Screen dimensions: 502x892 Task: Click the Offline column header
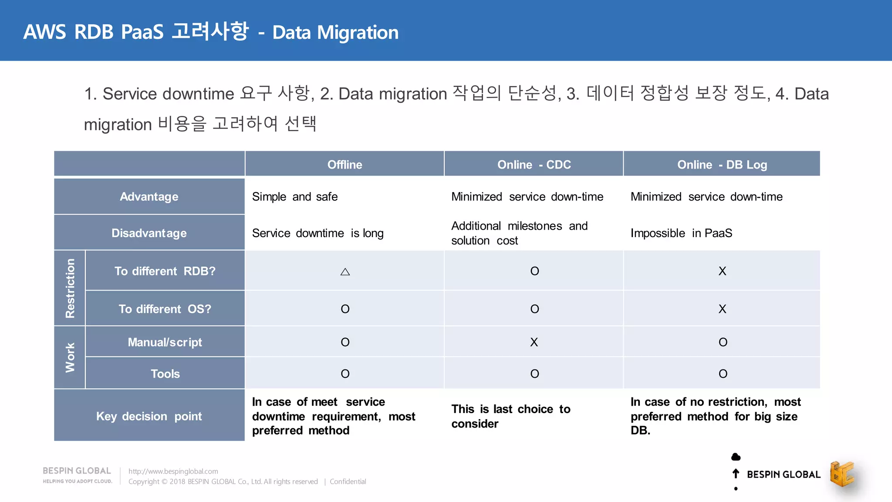pos(345,165)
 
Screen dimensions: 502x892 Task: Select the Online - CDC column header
pos(534,165)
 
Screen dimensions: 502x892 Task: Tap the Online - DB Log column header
pos(722,165)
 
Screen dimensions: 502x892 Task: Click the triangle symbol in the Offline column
pos(345,272)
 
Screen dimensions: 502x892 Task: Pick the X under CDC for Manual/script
pos(534,342)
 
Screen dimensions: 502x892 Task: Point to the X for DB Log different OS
pos(722,309)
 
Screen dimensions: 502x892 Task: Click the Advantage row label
pos(149,197)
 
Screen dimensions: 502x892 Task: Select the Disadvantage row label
pos(149,233)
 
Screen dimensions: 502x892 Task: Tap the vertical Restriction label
pos(70,288)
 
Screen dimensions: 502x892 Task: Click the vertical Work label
pos(70,357)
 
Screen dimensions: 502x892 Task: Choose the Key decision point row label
pos(149,416)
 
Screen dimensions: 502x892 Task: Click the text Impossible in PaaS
pos(681,233)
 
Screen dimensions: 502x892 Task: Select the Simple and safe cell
pos(295,197)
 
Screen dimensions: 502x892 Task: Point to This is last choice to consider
pos(510,416)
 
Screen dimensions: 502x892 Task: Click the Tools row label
pos(165,373)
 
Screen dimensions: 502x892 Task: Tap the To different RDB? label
pos(165,271)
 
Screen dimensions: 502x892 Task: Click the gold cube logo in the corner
pos(842,474)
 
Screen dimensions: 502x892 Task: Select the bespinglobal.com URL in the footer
pos(173,471)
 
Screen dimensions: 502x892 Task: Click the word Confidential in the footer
pos(348,482)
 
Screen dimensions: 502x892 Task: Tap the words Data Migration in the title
pos(335,33)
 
